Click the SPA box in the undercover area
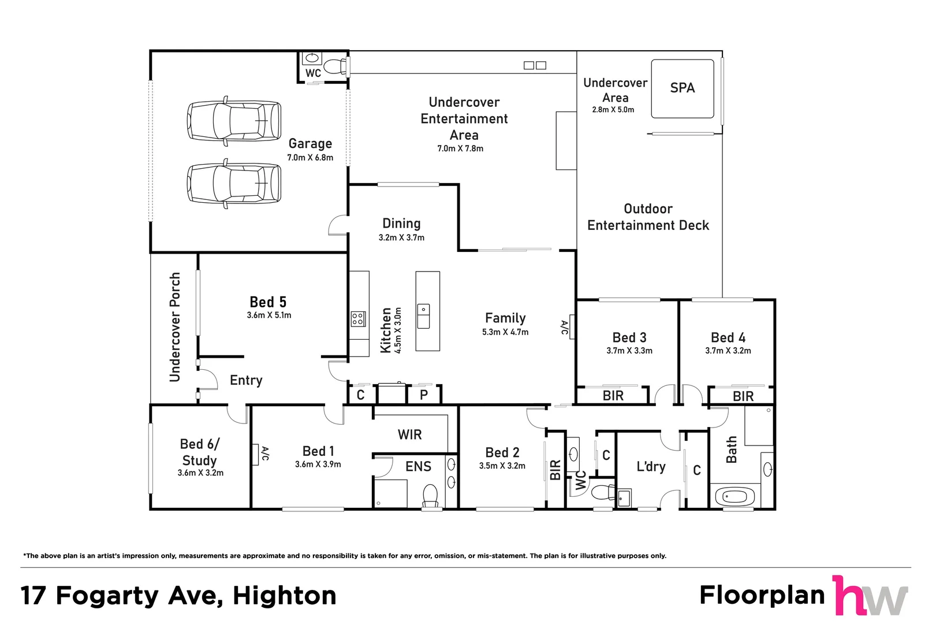click(683, 88)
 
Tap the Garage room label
click(310, 143)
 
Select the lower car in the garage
click(234, 183)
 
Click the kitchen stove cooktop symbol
click(358, 319)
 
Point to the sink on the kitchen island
click(423, 316)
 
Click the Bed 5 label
click(268, 302)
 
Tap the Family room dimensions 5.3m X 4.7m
click(505, 332)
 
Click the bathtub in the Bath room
click(735, 497)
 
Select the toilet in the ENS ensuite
click(430, 496)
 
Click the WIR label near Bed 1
click(409, 434)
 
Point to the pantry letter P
click(424, 395)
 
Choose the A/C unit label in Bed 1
click(265, 454)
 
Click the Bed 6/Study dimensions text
click(200, 473)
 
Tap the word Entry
click(246, 380)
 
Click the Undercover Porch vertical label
click(174, 327)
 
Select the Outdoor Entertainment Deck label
click(648, 217)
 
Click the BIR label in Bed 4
click(743, 396)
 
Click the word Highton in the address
click(284, 596)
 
